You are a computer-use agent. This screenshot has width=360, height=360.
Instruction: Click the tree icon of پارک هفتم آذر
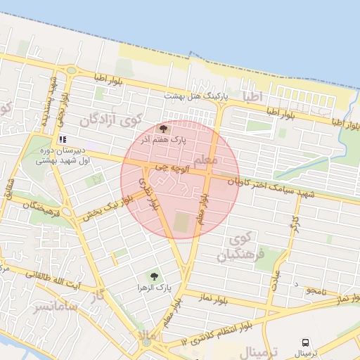tap(164, 129)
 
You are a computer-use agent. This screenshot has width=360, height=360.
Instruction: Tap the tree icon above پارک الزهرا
tap(153, 276)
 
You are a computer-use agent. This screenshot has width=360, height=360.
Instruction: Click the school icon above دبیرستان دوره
tap(62, 139)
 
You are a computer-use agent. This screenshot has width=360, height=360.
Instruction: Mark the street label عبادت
tap(276, 279)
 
